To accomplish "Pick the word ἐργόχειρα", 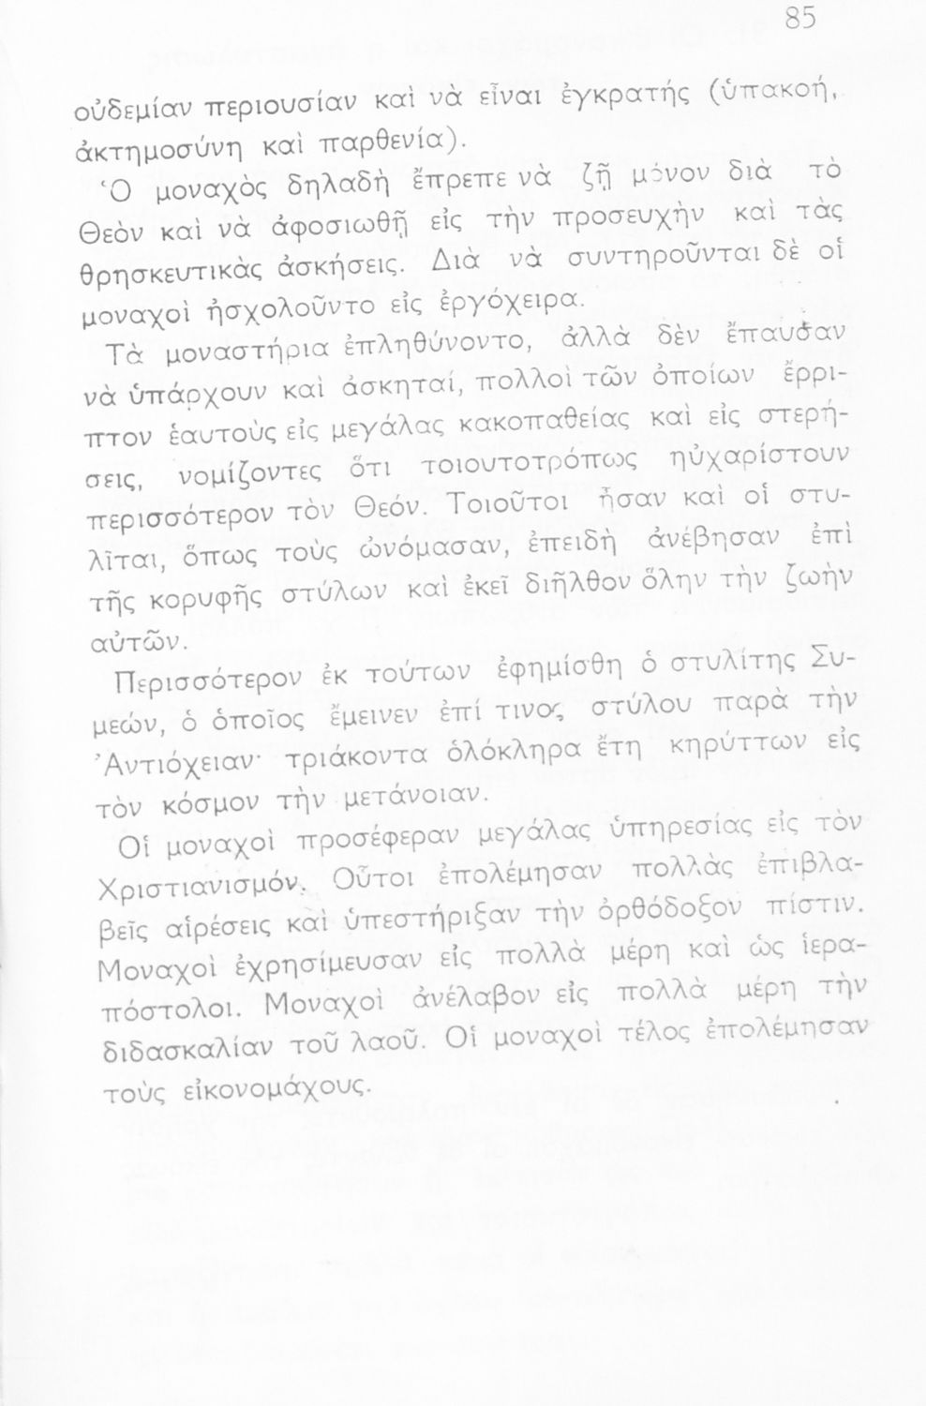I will [517, 297].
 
